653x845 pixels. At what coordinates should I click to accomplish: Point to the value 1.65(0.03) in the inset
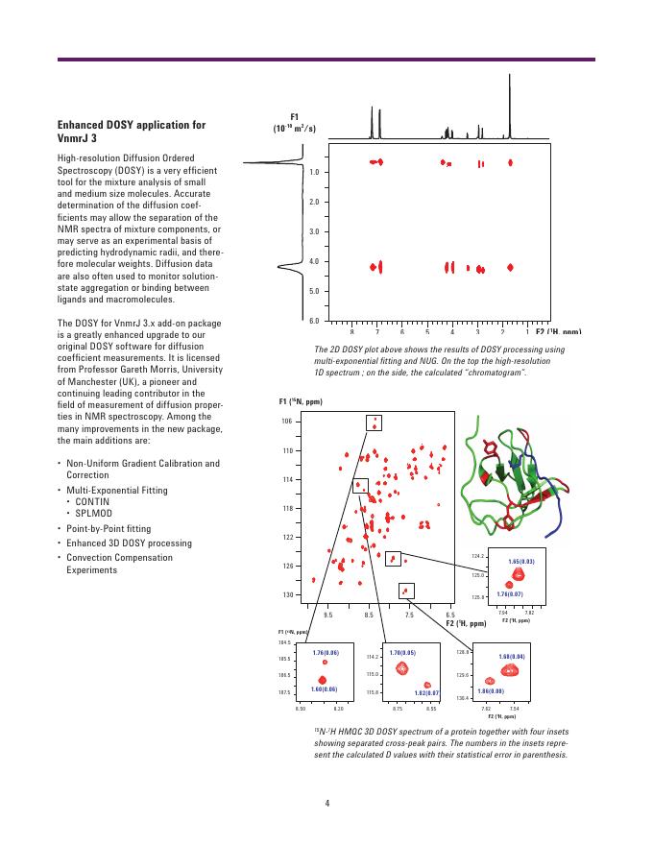pos(521,561)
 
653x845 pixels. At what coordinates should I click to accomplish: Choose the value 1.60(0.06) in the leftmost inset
pos(324,688)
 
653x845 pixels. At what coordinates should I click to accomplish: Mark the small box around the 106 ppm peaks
pos(375,422)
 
